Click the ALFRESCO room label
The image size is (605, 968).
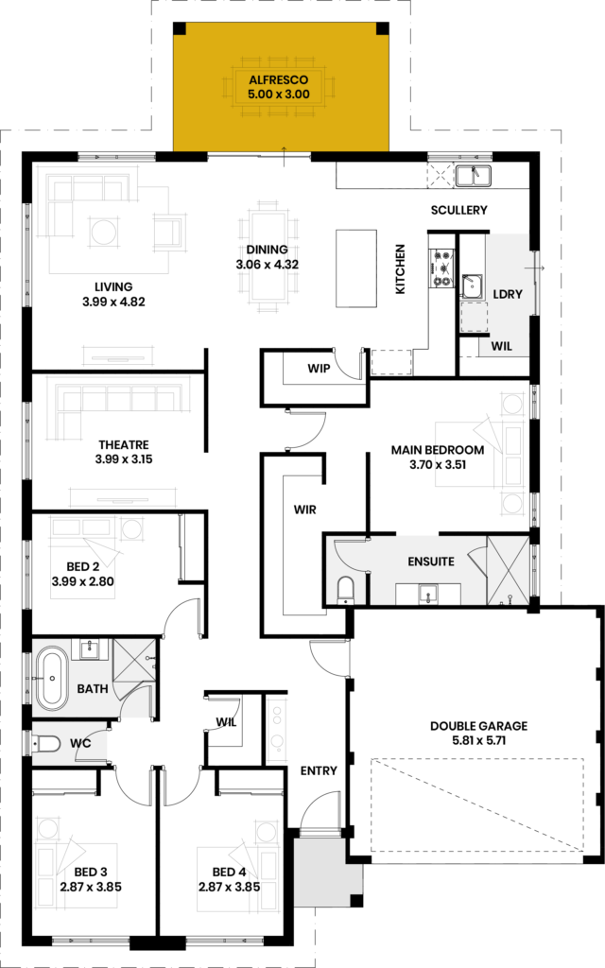[279, 80]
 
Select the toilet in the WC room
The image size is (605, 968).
[47, 743]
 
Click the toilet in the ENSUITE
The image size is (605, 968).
[346, 591]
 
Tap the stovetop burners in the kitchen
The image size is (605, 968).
[441, 268]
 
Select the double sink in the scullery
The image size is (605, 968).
[473, 176]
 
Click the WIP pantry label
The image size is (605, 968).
[319, 369]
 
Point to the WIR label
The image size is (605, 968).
[305, 510]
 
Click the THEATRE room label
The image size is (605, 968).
[124, 444]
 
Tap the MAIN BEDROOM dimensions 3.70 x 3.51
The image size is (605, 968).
[438, 465]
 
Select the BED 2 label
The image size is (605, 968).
[83, 567]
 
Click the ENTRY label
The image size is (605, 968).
[319, 770]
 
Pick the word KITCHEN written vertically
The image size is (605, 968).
[400, 269]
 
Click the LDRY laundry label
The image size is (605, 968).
[508, 295]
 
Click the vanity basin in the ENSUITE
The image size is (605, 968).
[428, 594]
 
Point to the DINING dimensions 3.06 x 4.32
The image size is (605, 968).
[268, 265]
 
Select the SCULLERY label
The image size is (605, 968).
[459, 210]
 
